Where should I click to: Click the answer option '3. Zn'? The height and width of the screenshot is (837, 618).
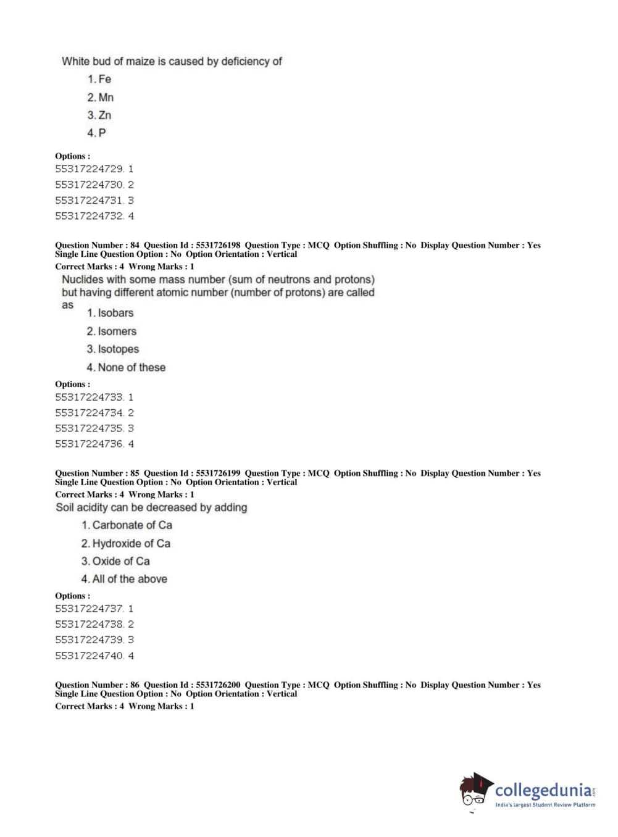(x=99, y=115)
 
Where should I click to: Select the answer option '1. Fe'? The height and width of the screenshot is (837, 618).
(x=99, y=79)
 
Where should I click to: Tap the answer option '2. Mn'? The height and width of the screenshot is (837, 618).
(x=101, y=98)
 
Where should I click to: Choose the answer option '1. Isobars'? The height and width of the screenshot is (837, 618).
(x=110, y=313)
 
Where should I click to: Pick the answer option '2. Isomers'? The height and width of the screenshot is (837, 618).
(x=111, y=331)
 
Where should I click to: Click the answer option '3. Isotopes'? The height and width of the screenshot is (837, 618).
(x=112, y=349)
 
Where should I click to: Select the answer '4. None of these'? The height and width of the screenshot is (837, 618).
(x=126, y=367)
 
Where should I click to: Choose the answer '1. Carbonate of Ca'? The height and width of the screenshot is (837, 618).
(x=127, y=525)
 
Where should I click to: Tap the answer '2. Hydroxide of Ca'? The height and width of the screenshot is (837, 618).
(x=125, y=544)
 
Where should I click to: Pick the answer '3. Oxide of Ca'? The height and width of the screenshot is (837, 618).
(x=115, y=561)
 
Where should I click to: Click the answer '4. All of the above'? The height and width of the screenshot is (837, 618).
(x=124, y=579)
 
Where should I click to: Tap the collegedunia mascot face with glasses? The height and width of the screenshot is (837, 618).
(x=474, y=792)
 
